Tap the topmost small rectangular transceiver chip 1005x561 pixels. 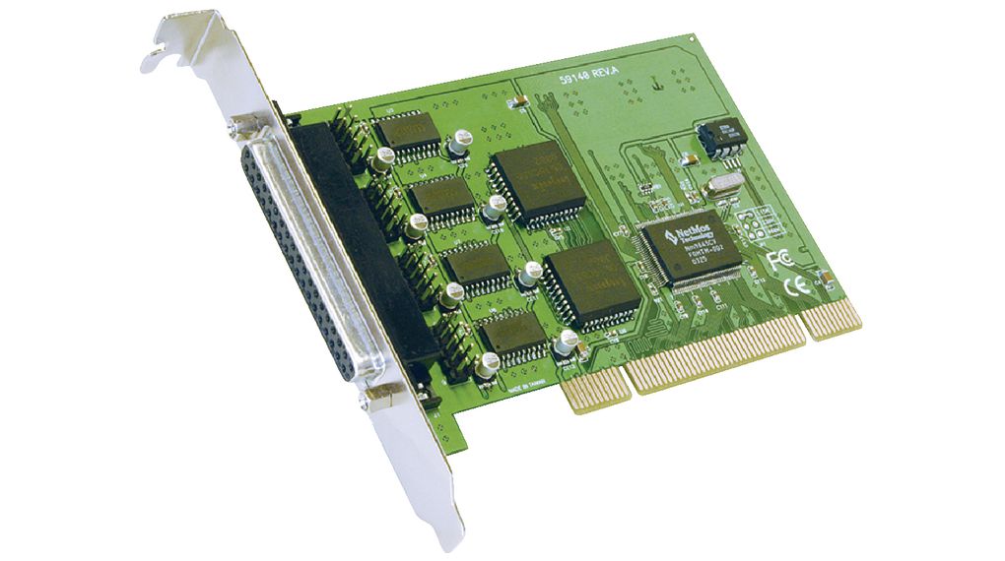click(407, 132)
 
